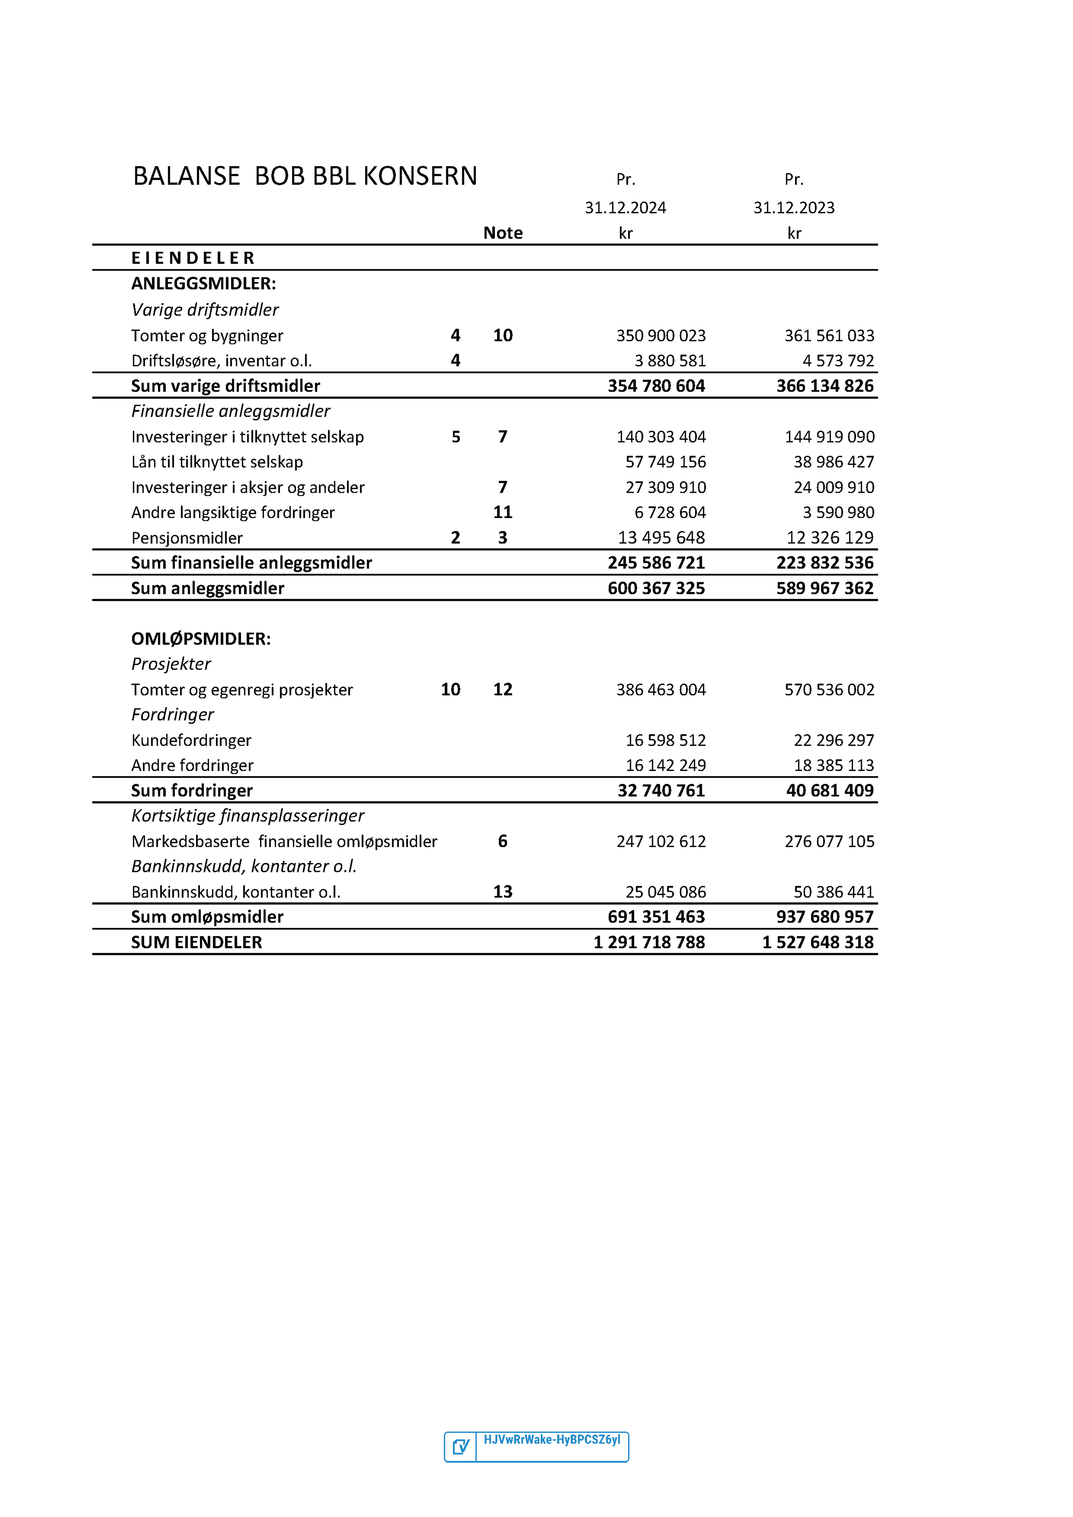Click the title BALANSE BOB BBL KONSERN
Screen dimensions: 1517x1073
[x=305, y=177]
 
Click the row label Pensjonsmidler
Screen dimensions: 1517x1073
[x=187, y=538]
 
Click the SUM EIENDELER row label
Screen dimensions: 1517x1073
[x=196, y=942]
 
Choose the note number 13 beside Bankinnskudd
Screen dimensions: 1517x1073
[x=502, y=892]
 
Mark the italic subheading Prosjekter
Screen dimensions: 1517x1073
[x=171, y=664]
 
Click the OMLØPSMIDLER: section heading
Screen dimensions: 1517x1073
[x=201, y=639]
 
